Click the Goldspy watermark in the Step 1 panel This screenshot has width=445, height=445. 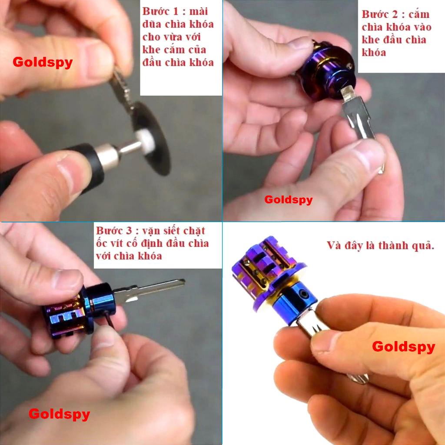pyautogui.click(x=43, y=62)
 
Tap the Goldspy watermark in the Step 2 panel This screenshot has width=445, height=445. pyautogui.click(x=289, y=200)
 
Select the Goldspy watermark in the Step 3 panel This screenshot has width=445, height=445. pyautogui.click(x=59, y=414)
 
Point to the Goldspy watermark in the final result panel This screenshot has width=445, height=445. pyautogui.click(x=404, y=347)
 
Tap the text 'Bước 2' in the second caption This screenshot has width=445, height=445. pyautogui.click(x=379, y=14)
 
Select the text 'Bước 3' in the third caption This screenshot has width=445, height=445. pyautogui.click(x=114, y=230)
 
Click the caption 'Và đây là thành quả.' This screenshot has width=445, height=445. pyautogui.click(x=381, y=246)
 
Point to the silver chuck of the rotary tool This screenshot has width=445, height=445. pyautogui.click(x=108, y=156)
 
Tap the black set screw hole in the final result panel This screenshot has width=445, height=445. pyautogui.click(x=305, y=294)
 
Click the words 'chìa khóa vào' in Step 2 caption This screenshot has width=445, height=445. pyautogui.click(x=396, y=27)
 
